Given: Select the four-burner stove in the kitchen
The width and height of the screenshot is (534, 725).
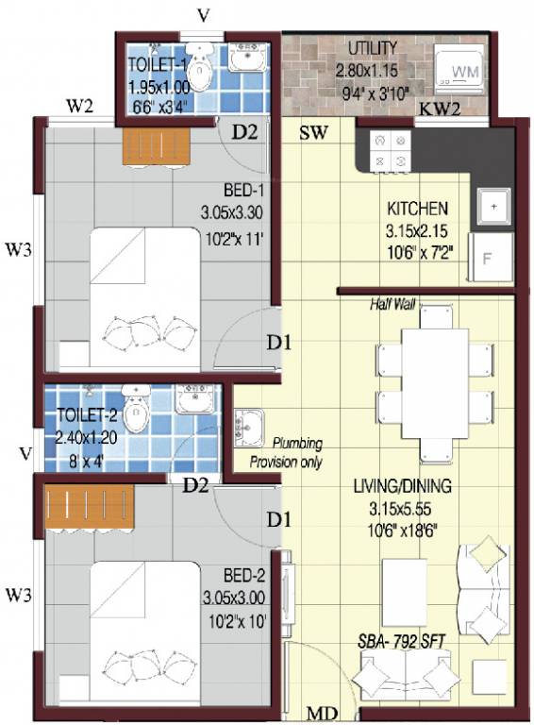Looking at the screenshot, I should (392, 150).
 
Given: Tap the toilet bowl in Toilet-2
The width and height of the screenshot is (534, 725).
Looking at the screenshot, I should (138, 409).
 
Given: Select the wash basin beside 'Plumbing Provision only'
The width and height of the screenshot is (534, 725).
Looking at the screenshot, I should (249, 426).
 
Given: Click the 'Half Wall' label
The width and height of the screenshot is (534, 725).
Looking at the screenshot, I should (393, 305).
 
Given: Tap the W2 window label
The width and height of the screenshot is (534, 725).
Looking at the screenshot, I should (79, 105).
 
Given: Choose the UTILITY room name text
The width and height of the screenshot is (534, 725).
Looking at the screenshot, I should (373, 47).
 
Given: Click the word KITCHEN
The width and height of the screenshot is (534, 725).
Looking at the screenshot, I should (417, 207).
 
